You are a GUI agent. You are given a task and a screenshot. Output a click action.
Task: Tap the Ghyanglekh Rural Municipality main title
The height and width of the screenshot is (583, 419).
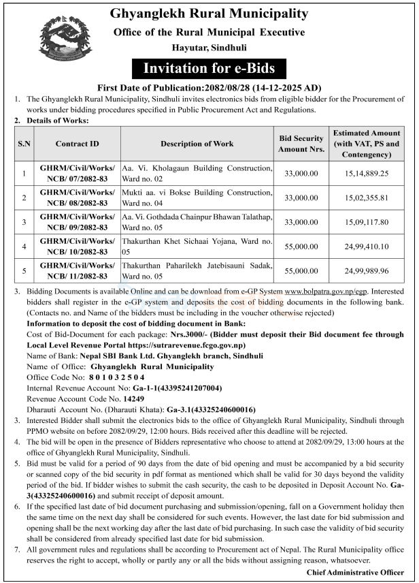click(x=209, y=14)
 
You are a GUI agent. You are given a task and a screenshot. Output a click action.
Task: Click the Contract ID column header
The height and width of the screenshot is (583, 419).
click(x=77, y=144)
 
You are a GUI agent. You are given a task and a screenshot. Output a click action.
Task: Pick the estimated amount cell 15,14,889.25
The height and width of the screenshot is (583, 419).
click(x=366, y=174)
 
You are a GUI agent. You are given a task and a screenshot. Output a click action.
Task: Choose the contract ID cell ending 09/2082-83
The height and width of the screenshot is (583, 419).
click(x=77, y=222)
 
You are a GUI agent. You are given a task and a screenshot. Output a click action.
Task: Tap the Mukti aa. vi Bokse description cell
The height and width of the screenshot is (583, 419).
click(x=197, y=198)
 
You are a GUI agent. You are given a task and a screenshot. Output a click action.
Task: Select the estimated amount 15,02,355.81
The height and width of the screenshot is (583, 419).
click(x=366, y=198)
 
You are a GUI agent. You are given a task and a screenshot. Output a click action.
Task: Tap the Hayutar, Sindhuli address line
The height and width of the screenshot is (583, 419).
click(x=209, y=50)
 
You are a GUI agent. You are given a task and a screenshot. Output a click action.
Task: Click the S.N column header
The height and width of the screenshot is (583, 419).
click(x=24, y=144)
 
